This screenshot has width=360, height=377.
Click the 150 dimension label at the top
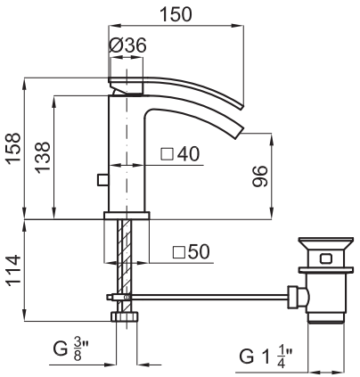pos(176,14)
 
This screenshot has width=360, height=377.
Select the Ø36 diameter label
pos(127,45)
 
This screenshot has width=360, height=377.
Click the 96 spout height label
pos(260,176)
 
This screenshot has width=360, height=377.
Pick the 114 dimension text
pos(14,270)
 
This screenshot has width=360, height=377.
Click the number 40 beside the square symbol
pos(188,154)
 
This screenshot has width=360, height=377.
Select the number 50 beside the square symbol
pos(199,252)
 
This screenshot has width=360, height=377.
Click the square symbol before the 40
pos(167,154)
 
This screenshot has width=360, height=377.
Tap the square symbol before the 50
pos(179,252)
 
